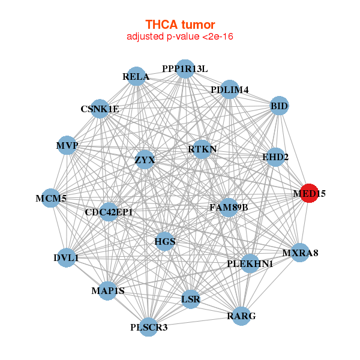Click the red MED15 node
309,193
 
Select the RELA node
136,76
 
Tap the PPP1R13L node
185,69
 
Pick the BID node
279,106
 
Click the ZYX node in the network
145,160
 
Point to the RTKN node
202,149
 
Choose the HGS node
165,241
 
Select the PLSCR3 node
149,327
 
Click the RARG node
241,316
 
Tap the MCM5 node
51,198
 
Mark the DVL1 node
67,257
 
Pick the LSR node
191,299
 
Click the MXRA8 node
300,253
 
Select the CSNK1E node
100,109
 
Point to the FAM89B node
229,208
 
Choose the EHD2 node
275,157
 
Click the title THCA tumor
180,25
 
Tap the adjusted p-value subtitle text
180,37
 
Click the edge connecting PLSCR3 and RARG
195,322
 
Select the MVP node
67,145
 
